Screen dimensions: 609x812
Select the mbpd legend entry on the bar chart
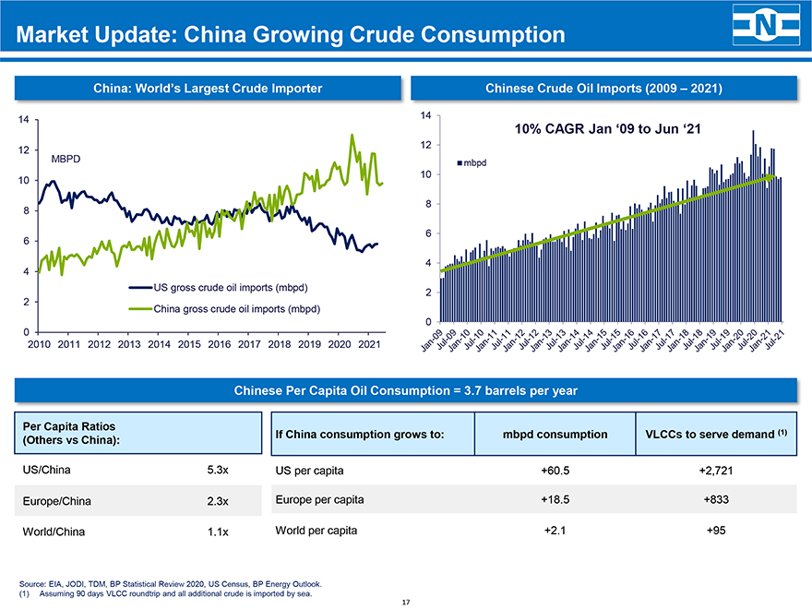click(472, 163)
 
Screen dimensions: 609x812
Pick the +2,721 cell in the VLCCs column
click(715, 471)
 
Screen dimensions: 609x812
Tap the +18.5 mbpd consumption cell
click(555, 499)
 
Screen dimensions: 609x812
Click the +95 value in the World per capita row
click(715, 531)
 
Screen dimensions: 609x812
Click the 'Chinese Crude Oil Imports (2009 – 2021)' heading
click(603, 89)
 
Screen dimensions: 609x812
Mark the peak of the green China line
click(352, 136)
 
